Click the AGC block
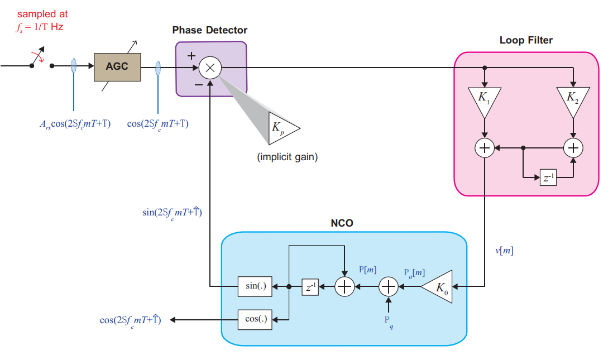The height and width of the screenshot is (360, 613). click(117, 66)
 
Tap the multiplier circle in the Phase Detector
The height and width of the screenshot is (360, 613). click(210, 68)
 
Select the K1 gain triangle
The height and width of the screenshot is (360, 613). click(485, 100)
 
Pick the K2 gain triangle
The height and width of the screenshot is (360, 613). click(573, 100)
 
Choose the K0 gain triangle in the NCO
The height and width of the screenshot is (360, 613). click(438, 287)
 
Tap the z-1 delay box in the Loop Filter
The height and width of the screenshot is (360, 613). click(549, 177)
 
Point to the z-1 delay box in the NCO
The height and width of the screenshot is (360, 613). click(310, 286)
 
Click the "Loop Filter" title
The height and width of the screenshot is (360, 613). click(526, 40)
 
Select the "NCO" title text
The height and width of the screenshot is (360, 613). click(342, 224)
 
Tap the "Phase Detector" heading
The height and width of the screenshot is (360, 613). click(209, 30)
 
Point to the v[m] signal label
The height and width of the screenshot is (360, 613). click(504, 251)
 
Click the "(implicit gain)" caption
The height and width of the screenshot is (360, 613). click(287, 157)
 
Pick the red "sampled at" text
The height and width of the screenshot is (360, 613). click(42, 14)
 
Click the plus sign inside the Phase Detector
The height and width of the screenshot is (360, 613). click(191, 56)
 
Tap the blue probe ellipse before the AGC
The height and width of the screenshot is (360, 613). click(74, 66)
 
